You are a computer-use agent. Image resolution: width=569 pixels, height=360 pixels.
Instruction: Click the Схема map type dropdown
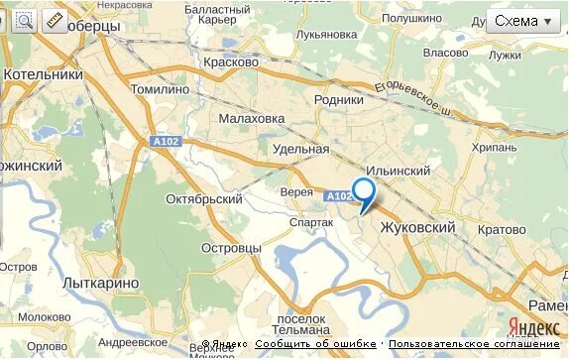point(523,21)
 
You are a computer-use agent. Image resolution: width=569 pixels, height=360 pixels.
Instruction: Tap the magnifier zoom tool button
point(24,20)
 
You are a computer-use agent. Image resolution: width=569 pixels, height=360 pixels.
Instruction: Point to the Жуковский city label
point(417,228)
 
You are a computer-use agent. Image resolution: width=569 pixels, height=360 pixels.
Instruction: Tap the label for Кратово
point(502,229)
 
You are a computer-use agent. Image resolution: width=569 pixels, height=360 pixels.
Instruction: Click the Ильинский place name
point(398,172)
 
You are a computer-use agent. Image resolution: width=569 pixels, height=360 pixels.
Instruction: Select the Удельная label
point(300,150)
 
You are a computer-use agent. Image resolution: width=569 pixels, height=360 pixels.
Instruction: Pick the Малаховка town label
point(252,119)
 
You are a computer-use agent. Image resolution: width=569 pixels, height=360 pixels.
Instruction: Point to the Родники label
point(339,99)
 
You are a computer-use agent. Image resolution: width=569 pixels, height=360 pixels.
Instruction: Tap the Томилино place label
point(160,88)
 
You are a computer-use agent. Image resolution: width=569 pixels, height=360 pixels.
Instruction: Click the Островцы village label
point(231,247)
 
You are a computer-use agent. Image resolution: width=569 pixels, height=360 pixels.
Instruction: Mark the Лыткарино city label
point(100,283)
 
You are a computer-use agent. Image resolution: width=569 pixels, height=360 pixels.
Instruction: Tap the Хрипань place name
point(495,147)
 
